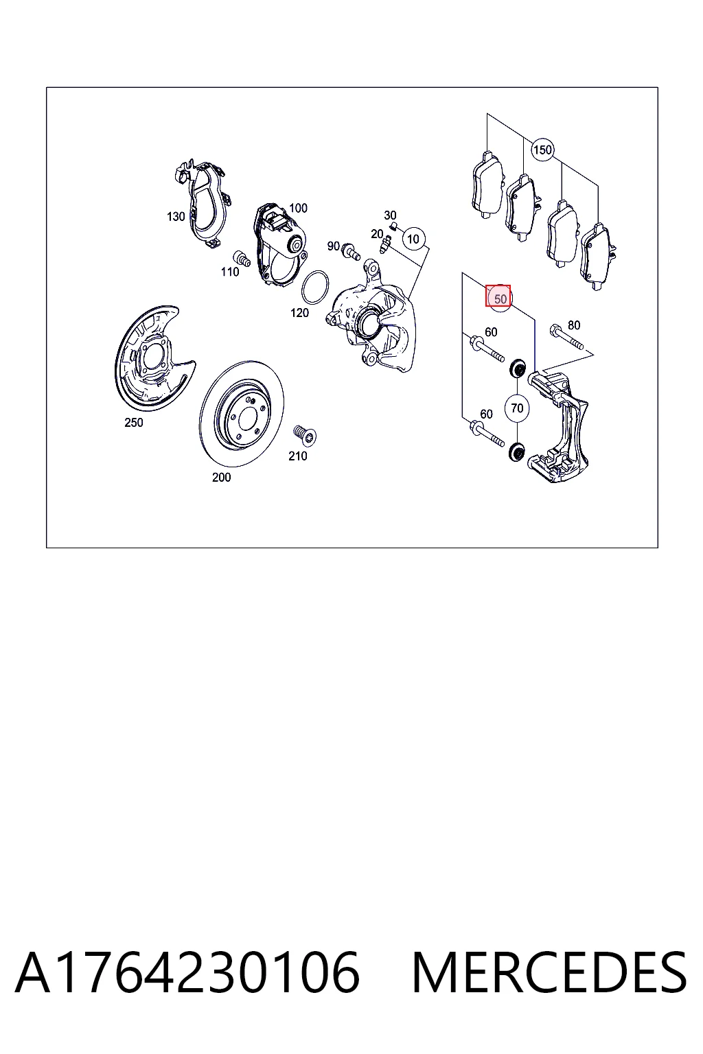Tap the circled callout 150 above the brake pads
pos(542,150)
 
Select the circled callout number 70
pos(516,408)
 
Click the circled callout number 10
pos(413,239)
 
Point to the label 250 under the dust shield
pos(134,423)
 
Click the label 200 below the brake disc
pos(221,477)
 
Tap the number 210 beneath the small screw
pos(297,456)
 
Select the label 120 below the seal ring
pos(299,312)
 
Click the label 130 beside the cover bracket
pos(176,216)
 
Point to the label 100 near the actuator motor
pos(298,208)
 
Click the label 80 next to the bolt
pos(574,325)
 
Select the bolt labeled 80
pos(566,337)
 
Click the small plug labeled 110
pos(242,258)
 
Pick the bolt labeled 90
pos(351,253)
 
